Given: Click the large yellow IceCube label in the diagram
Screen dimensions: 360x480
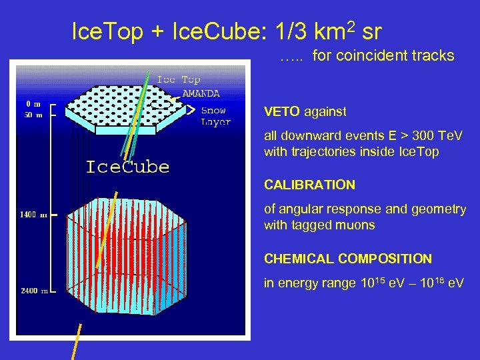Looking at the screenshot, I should pos(127,167).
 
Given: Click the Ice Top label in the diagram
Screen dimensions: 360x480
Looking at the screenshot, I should pos(178,79).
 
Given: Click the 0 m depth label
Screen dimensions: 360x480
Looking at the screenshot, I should pos(33,104).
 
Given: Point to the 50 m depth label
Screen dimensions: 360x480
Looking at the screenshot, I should pos(33,115).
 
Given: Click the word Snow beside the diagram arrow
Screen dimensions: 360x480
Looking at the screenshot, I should pos(213,111).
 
